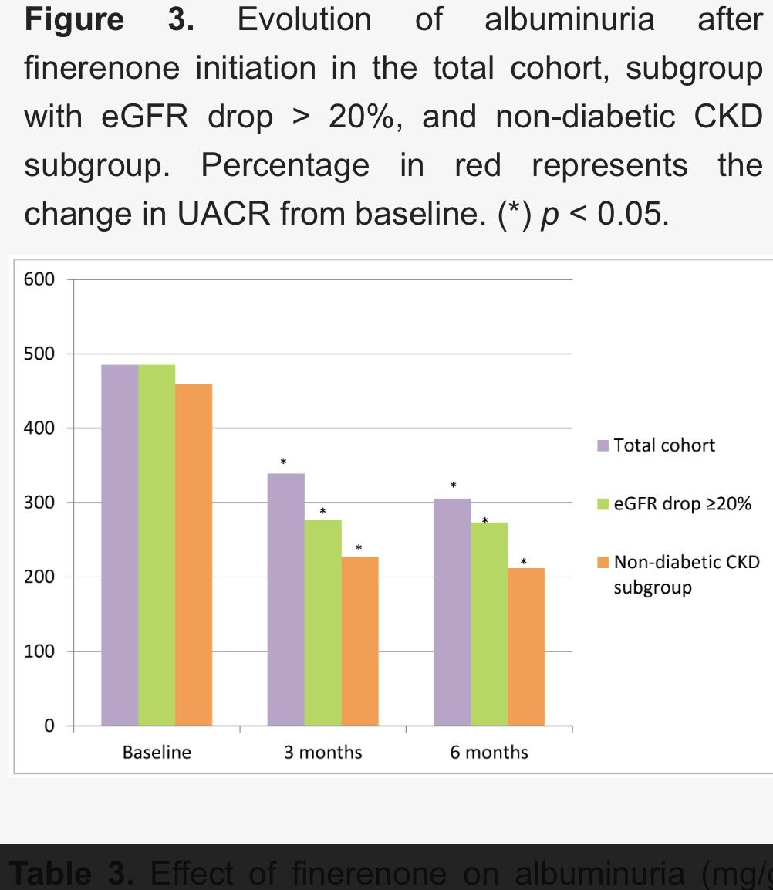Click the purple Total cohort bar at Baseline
coord(120,544)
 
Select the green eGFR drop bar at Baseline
coord(157,544)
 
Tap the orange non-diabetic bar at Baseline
coord(194,554)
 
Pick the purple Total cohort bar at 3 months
coord(285,599)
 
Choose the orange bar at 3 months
coord(359,641)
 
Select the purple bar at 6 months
coord(452,611)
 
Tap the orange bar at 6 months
coord(526,646)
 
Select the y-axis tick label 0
coord(49,726)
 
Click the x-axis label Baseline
coord(157,753)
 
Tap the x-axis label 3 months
coord(322,753)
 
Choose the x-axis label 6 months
coord(489,753)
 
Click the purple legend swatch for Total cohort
coord(603,446)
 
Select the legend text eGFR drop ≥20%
coord(682,505)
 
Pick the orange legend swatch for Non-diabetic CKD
coord(603,563)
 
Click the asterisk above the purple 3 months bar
coord(283,462)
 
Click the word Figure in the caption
coord(74,19)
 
